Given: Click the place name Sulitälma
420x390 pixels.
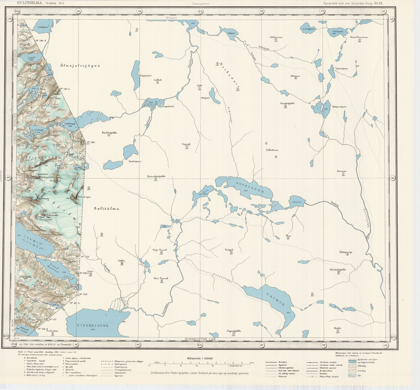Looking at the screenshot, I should (107, 209).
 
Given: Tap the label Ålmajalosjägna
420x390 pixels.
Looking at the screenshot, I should (80, 66).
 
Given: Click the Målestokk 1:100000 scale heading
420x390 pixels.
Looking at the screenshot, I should (200, 359).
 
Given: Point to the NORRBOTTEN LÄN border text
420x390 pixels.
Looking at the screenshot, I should (200, 339).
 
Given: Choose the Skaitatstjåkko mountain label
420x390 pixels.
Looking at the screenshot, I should (338, 270).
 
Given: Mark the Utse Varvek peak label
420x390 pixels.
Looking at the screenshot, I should (161, 278).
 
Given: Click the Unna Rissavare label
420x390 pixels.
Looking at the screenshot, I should (359, 37).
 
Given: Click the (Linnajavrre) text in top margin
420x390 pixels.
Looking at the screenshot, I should (200, 3).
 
